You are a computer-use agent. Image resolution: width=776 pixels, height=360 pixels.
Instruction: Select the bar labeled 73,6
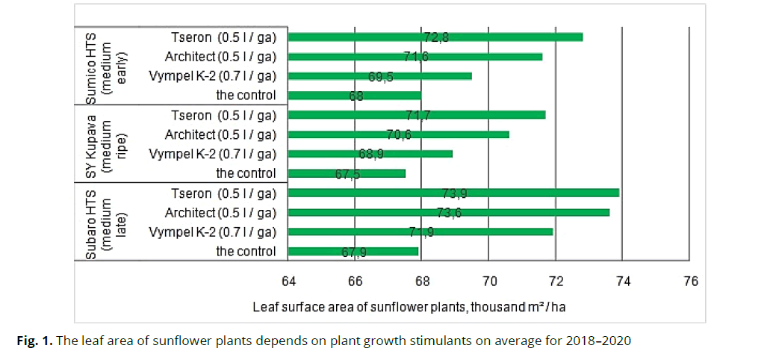[448, 212]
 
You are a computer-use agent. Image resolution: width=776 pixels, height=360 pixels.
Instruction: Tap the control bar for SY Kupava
[347, 173]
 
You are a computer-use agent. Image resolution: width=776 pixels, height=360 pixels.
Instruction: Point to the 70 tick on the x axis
[488, 282]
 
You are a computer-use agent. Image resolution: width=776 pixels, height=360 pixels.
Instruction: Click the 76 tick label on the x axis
[690, 282]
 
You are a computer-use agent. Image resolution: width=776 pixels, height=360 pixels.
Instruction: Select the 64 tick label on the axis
[288, 282]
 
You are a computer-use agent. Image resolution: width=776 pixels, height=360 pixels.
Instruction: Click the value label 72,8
[436, 37]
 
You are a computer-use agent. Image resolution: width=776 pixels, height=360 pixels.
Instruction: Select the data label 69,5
[381, 76]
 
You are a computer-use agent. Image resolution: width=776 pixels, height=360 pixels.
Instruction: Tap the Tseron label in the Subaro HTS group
[223, 193]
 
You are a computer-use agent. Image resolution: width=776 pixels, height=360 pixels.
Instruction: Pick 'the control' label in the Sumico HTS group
[246, 95]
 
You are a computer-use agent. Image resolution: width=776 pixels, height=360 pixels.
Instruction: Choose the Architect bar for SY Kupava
[398, 134]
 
